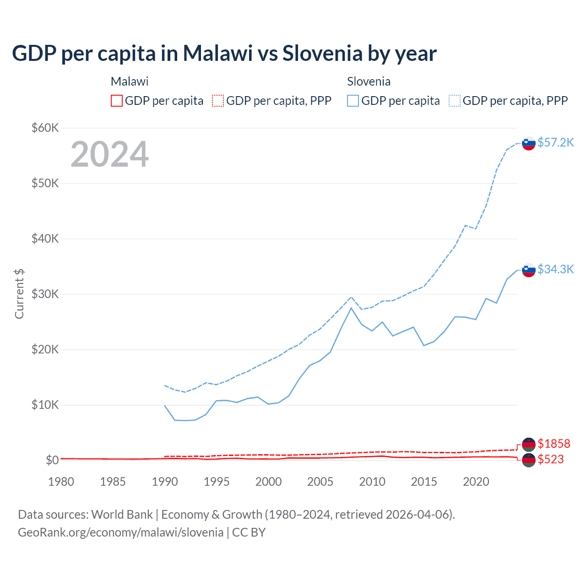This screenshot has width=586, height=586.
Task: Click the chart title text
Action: [x=224, y=54]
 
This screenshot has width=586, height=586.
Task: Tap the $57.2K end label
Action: [x=555, y=142]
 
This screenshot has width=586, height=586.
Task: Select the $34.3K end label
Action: [x=555, y=269]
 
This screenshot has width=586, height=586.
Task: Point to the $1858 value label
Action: [x=554, y=444]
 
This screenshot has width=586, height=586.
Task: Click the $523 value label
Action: [x=551, y=459]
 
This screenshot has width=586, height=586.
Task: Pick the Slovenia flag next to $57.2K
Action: [x=529, y=143]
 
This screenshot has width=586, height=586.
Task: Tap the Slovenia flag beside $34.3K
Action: [x=529, y=270]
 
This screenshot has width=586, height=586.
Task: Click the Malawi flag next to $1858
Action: [x=529, y=444]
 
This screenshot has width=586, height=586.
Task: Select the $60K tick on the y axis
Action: [x=45, y=128]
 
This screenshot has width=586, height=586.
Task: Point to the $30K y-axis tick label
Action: [x=45, y=294]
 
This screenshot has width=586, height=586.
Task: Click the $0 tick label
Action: [x=52, y=460]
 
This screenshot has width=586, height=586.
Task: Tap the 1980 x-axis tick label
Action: [x=61, y=482]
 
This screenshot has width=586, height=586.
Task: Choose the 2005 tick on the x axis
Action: [x=320, y=482]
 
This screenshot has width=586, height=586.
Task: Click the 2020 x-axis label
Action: [x=476, y=482]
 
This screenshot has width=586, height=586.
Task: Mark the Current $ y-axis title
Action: [x=19, y=294]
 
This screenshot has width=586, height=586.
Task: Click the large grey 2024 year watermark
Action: [x=110, y=154]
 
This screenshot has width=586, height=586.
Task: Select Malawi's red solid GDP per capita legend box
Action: [x=117, y=101]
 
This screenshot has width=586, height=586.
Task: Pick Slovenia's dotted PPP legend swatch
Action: [x=455, y=101]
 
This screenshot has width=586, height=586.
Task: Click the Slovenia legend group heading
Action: [x=369, y=81]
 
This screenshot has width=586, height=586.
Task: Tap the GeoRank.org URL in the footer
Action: [x=120, y=532]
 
